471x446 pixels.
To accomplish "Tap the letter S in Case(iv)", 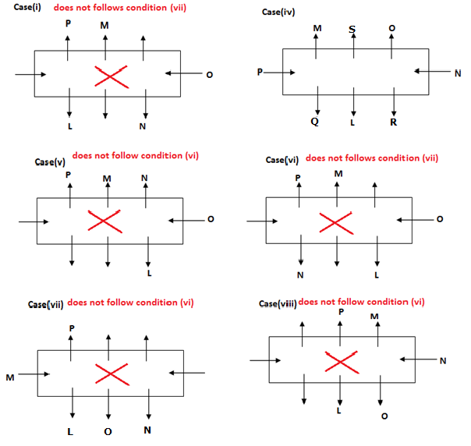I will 353,29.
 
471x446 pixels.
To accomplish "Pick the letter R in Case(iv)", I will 393,122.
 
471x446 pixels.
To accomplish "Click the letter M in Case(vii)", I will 10,377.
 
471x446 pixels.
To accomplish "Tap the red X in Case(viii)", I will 339,361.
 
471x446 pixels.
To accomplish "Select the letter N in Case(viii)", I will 442,360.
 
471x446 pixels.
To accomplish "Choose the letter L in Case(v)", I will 148,272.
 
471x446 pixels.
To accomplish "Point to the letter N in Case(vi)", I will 300,274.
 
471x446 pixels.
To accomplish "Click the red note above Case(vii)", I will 130,303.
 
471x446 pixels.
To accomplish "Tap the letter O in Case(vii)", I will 108,430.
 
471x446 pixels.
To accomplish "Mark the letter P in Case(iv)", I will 259,73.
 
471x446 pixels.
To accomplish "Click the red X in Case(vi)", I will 335,221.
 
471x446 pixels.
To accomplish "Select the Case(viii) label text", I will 278,303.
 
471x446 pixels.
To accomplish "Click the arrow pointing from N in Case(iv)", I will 431,72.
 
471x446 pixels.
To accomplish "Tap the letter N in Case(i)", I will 142,126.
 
